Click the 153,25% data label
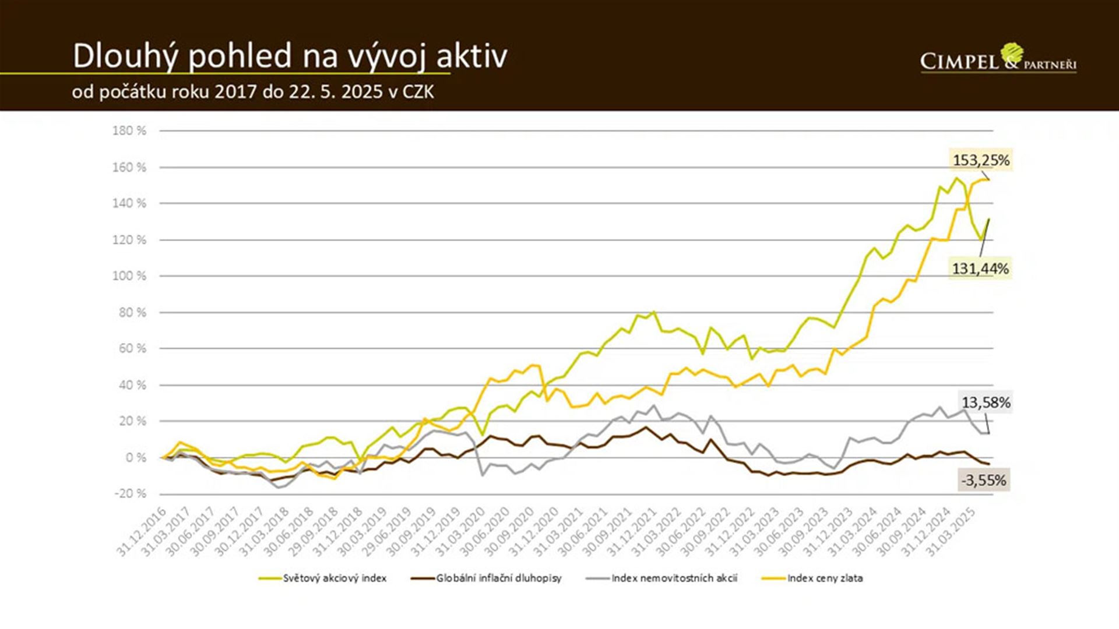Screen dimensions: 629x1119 (x=981, y=160)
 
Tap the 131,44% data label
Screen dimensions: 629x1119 (x=980, y=268)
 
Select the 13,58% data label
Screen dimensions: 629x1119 (x=986, y=402)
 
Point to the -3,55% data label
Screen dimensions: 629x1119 (x=984, y=480)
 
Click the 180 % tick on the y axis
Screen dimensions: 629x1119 (x=129, y=131)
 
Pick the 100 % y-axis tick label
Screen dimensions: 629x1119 (x=129, y=276)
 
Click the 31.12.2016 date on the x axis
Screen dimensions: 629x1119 (x=142, y=532)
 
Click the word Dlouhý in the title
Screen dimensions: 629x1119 (x=125, y=56)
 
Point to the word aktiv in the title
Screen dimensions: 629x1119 (x=471, y=56)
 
